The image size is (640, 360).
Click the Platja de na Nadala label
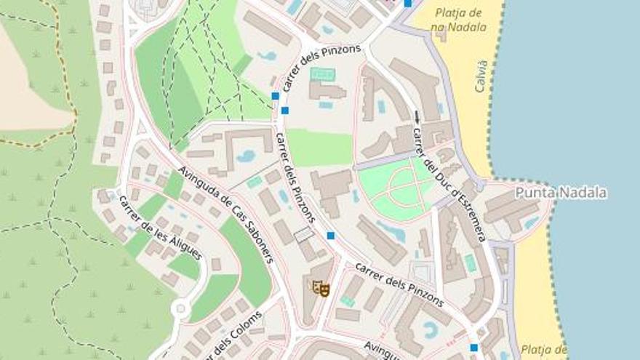[457, 20]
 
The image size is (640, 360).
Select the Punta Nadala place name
[561, 193]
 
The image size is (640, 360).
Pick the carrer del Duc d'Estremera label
[449, 185]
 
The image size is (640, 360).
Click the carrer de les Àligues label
[160, 228]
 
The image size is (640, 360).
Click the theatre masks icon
[321, 289]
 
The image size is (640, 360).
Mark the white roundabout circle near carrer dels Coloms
[180, 310]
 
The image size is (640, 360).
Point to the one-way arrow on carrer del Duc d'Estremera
[417, 116]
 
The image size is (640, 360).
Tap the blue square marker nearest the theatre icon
[331, 236]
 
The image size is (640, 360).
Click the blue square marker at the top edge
[407, 3]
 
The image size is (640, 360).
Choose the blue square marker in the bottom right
[474, 348]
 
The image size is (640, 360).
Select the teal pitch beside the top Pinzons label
[323, 74]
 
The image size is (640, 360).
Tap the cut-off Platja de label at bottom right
[543, 350]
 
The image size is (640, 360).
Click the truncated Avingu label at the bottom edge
[381, 351]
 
